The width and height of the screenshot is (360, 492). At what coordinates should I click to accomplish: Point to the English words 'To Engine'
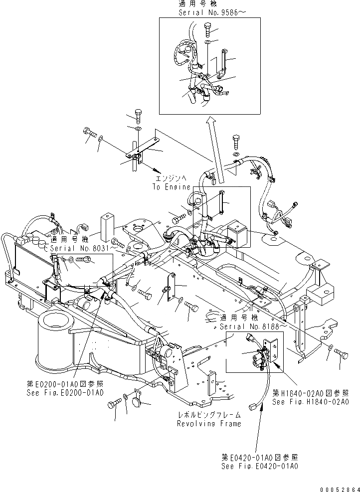172,187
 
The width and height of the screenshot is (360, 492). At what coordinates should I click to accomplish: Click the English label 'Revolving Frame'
209,424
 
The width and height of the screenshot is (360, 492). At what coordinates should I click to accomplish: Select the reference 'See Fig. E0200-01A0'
65,393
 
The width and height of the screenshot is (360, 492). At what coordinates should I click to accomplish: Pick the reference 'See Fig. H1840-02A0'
310,401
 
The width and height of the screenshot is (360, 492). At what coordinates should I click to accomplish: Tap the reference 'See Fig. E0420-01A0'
260,466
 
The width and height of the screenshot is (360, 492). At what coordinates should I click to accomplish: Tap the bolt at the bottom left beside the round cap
117,402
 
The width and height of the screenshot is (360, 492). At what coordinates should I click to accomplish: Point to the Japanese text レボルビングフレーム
209,415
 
